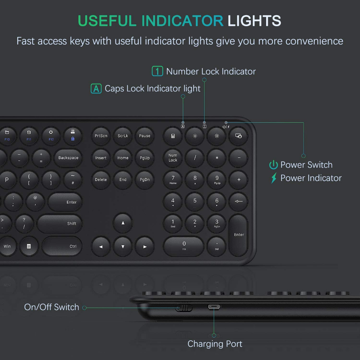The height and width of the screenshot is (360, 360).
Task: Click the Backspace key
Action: tap(68, 158)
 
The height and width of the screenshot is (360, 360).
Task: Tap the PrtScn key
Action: tap(101, 136)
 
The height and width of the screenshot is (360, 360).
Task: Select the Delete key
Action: tap(101, 180)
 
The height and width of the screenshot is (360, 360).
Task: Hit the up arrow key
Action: tap(123, 223)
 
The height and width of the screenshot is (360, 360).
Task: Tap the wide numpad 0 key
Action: tap(184, 246)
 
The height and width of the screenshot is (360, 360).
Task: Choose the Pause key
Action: tap(144, 136)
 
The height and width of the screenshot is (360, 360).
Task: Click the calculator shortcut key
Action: tap(173, 136)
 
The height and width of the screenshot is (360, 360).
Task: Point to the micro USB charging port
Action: tap(214, 307)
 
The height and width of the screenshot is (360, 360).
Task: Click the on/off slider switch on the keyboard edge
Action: tap(184, 308)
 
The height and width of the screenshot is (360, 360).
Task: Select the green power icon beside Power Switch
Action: tap(274, 165)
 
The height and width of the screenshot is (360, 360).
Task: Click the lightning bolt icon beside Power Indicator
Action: tap(274, 178)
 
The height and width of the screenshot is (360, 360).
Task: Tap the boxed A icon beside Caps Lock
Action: tap(96, 89)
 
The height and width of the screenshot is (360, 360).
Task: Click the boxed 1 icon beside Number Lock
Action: tap(157, 71)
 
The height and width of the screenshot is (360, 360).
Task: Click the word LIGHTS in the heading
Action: tap(254, 21)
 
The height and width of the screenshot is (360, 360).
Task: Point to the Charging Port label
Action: tap(215, 344)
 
